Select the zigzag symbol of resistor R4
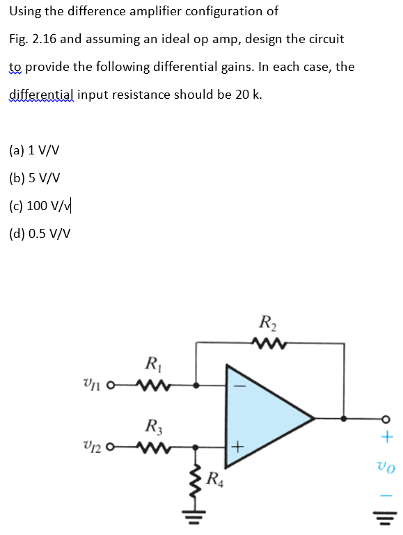tap(197, 477)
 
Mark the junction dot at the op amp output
tap(343, 417)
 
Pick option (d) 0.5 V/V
tap(40, 233)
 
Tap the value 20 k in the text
tap(248, 95)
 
